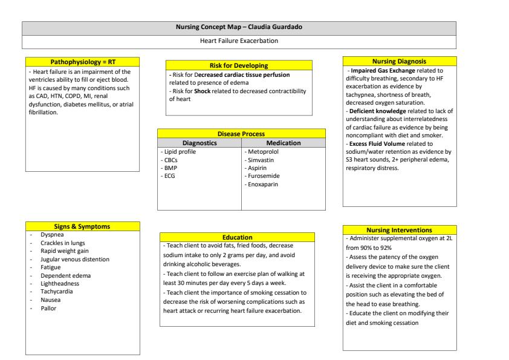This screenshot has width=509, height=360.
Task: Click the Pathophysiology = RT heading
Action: tap(83, 61)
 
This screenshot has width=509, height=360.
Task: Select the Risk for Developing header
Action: tap(239, 65)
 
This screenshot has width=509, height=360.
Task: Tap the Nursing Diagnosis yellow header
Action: tap(400, 61)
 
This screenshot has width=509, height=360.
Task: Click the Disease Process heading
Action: tap(241, 133)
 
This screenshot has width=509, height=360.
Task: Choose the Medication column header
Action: tap(283, 143)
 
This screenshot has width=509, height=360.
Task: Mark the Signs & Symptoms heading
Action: tap(83, 226)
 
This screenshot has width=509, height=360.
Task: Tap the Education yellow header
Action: tap(237, 237)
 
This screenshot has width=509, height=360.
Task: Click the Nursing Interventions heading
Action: tap(400, 230)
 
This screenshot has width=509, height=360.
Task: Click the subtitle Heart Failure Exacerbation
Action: tap(239, 41)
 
